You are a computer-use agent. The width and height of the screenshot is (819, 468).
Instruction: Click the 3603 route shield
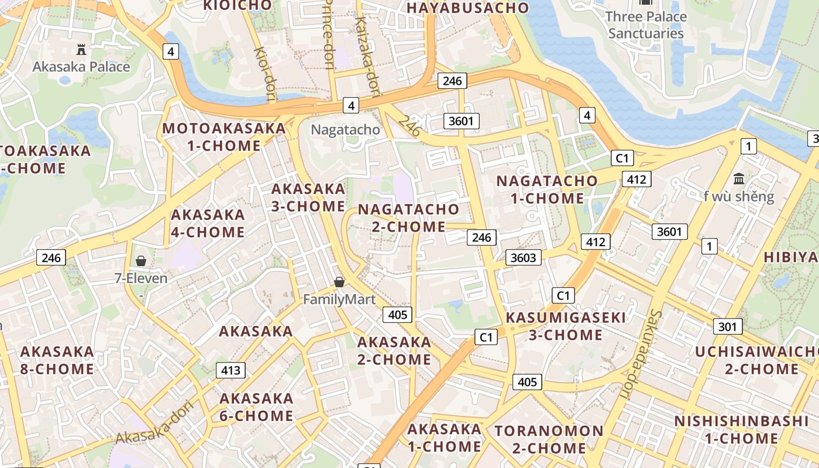click(x=523, y=257)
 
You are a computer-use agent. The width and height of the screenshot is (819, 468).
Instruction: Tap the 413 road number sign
click(x=230, y=370)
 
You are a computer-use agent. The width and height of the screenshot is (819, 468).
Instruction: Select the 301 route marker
click(x=727, y=326)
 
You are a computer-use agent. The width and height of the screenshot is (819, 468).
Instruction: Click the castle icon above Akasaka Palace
click(x=81, y=50)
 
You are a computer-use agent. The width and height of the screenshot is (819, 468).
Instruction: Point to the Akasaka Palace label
click(x=81, y=67)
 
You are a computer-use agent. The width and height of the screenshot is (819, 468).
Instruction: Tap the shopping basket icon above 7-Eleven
click(x=141, y=261)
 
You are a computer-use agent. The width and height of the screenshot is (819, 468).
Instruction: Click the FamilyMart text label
click(x=339, y=300)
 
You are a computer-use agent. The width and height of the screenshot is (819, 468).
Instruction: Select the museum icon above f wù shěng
click(x=739, y=178)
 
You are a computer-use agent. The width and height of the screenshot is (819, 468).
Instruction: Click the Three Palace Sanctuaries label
click(x=646, y=25)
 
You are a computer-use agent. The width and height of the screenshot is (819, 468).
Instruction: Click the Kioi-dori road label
click(x=264, y=68)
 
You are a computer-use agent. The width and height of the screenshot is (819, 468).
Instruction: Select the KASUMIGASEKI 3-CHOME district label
click(x=566, y=326)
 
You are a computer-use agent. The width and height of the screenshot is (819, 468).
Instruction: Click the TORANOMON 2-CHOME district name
click(x=549, y=440)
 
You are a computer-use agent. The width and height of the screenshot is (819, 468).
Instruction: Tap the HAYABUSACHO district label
click(x=467, y=8)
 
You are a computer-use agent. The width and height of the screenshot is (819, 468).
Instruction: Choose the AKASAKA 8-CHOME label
click(x=57, y=360)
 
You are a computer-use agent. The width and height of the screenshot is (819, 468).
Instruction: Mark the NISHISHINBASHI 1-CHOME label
click(x=741, y=430)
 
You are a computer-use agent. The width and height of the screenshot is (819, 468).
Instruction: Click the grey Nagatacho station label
click(x=346, y=129)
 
